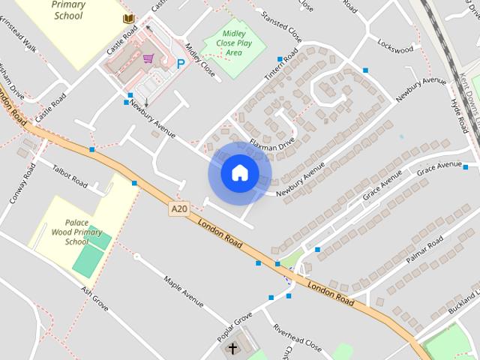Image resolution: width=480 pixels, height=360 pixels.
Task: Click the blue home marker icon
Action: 239,173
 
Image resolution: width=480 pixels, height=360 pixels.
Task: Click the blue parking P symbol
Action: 180,64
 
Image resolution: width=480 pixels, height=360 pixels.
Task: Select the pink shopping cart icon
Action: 148,58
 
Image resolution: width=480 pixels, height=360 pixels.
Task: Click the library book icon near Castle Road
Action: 129,18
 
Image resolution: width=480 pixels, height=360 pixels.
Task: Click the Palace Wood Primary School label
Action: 82,232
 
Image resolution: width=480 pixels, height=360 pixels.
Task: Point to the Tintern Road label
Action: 281,66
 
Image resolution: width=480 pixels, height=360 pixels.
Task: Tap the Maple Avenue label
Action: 184,292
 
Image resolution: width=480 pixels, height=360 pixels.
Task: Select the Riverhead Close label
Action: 297,338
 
